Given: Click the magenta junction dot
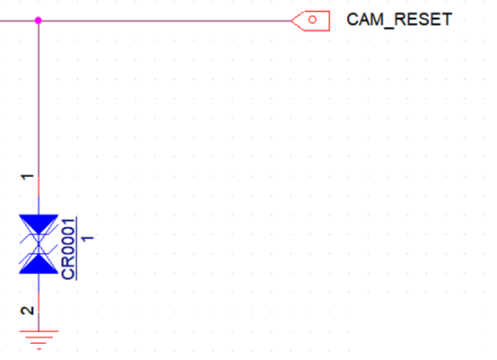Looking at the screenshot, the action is coord(39,21).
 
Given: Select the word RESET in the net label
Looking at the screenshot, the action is coord(423,20).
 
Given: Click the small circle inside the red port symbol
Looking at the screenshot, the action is coord(312,20).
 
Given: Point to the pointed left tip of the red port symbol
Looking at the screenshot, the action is coord(291,21).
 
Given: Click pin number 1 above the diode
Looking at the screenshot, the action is coord(28,176).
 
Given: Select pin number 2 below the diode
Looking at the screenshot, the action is coord(28,311).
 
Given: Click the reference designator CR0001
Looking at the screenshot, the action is coord(69,250).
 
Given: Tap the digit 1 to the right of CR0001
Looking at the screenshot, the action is coord(88,238).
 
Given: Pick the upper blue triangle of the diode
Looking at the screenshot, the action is coord(39,224).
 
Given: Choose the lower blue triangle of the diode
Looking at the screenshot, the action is coord(39,265).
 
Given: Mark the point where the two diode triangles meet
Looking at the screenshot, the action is coord(39,244).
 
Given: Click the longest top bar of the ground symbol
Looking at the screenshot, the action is coord(39,331).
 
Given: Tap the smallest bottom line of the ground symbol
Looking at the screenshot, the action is coord(39,349).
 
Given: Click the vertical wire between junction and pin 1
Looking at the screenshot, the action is coord(39,99).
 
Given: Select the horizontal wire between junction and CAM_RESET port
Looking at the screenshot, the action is coord(165,21).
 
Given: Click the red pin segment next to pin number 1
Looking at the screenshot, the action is coord(39,186).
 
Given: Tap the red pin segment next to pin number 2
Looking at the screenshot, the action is coord(39,302).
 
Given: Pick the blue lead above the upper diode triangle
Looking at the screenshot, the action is coord(39,206).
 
